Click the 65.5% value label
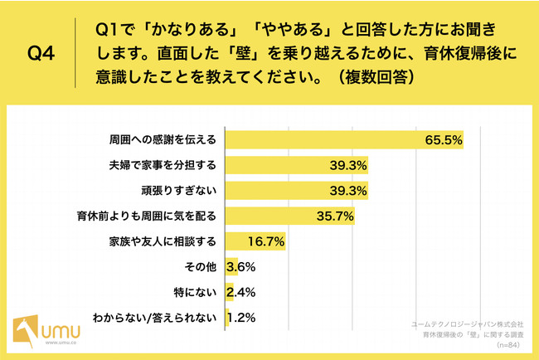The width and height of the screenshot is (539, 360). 442,139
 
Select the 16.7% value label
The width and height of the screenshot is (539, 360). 266,241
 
